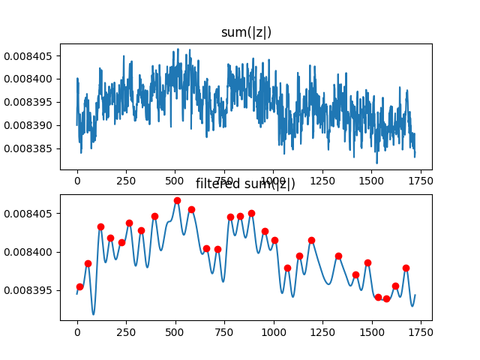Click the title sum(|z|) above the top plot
245,32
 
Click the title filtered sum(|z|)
245,184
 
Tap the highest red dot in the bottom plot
177,200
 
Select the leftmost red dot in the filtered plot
79,286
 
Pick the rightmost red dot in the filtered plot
406,268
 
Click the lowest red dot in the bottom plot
386,298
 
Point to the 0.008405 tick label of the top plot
29,55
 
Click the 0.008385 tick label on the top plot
29,148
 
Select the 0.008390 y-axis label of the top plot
29,125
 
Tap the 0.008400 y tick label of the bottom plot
29,252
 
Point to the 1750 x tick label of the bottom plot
420,332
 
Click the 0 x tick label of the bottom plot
77,332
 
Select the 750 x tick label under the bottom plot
224,332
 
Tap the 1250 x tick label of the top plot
322,181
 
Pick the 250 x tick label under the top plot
126,181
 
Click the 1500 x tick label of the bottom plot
371,332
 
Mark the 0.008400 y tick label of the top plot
29,79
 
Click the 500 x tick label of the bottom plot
175,332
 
